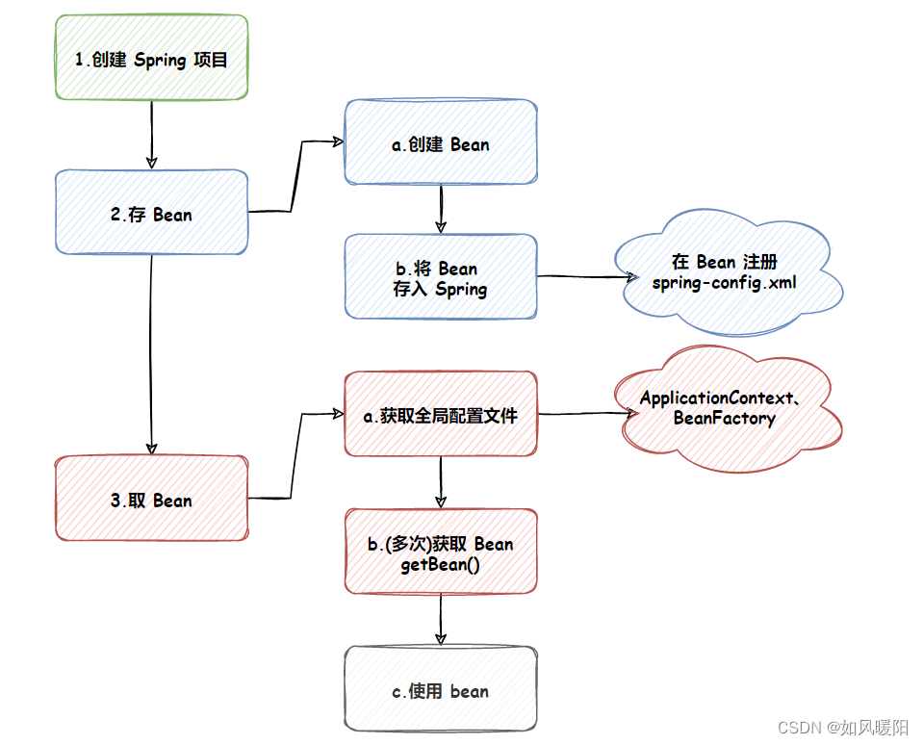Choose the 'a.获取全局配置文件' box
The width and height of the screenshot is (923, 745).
click(x=440, y=414)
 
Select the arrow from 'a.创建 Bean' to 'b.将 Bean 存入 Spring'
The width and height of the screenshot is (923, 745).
click(x=440, y=208)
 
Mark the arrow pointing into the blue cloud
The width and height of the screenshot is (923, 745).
click(x=583, y=277)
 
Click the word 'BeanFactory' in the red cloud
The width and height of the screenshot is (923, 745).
click(x=724, y=419)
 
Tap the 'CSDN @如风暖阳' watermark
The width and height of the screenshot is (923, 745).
click(x=842, y=727)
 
